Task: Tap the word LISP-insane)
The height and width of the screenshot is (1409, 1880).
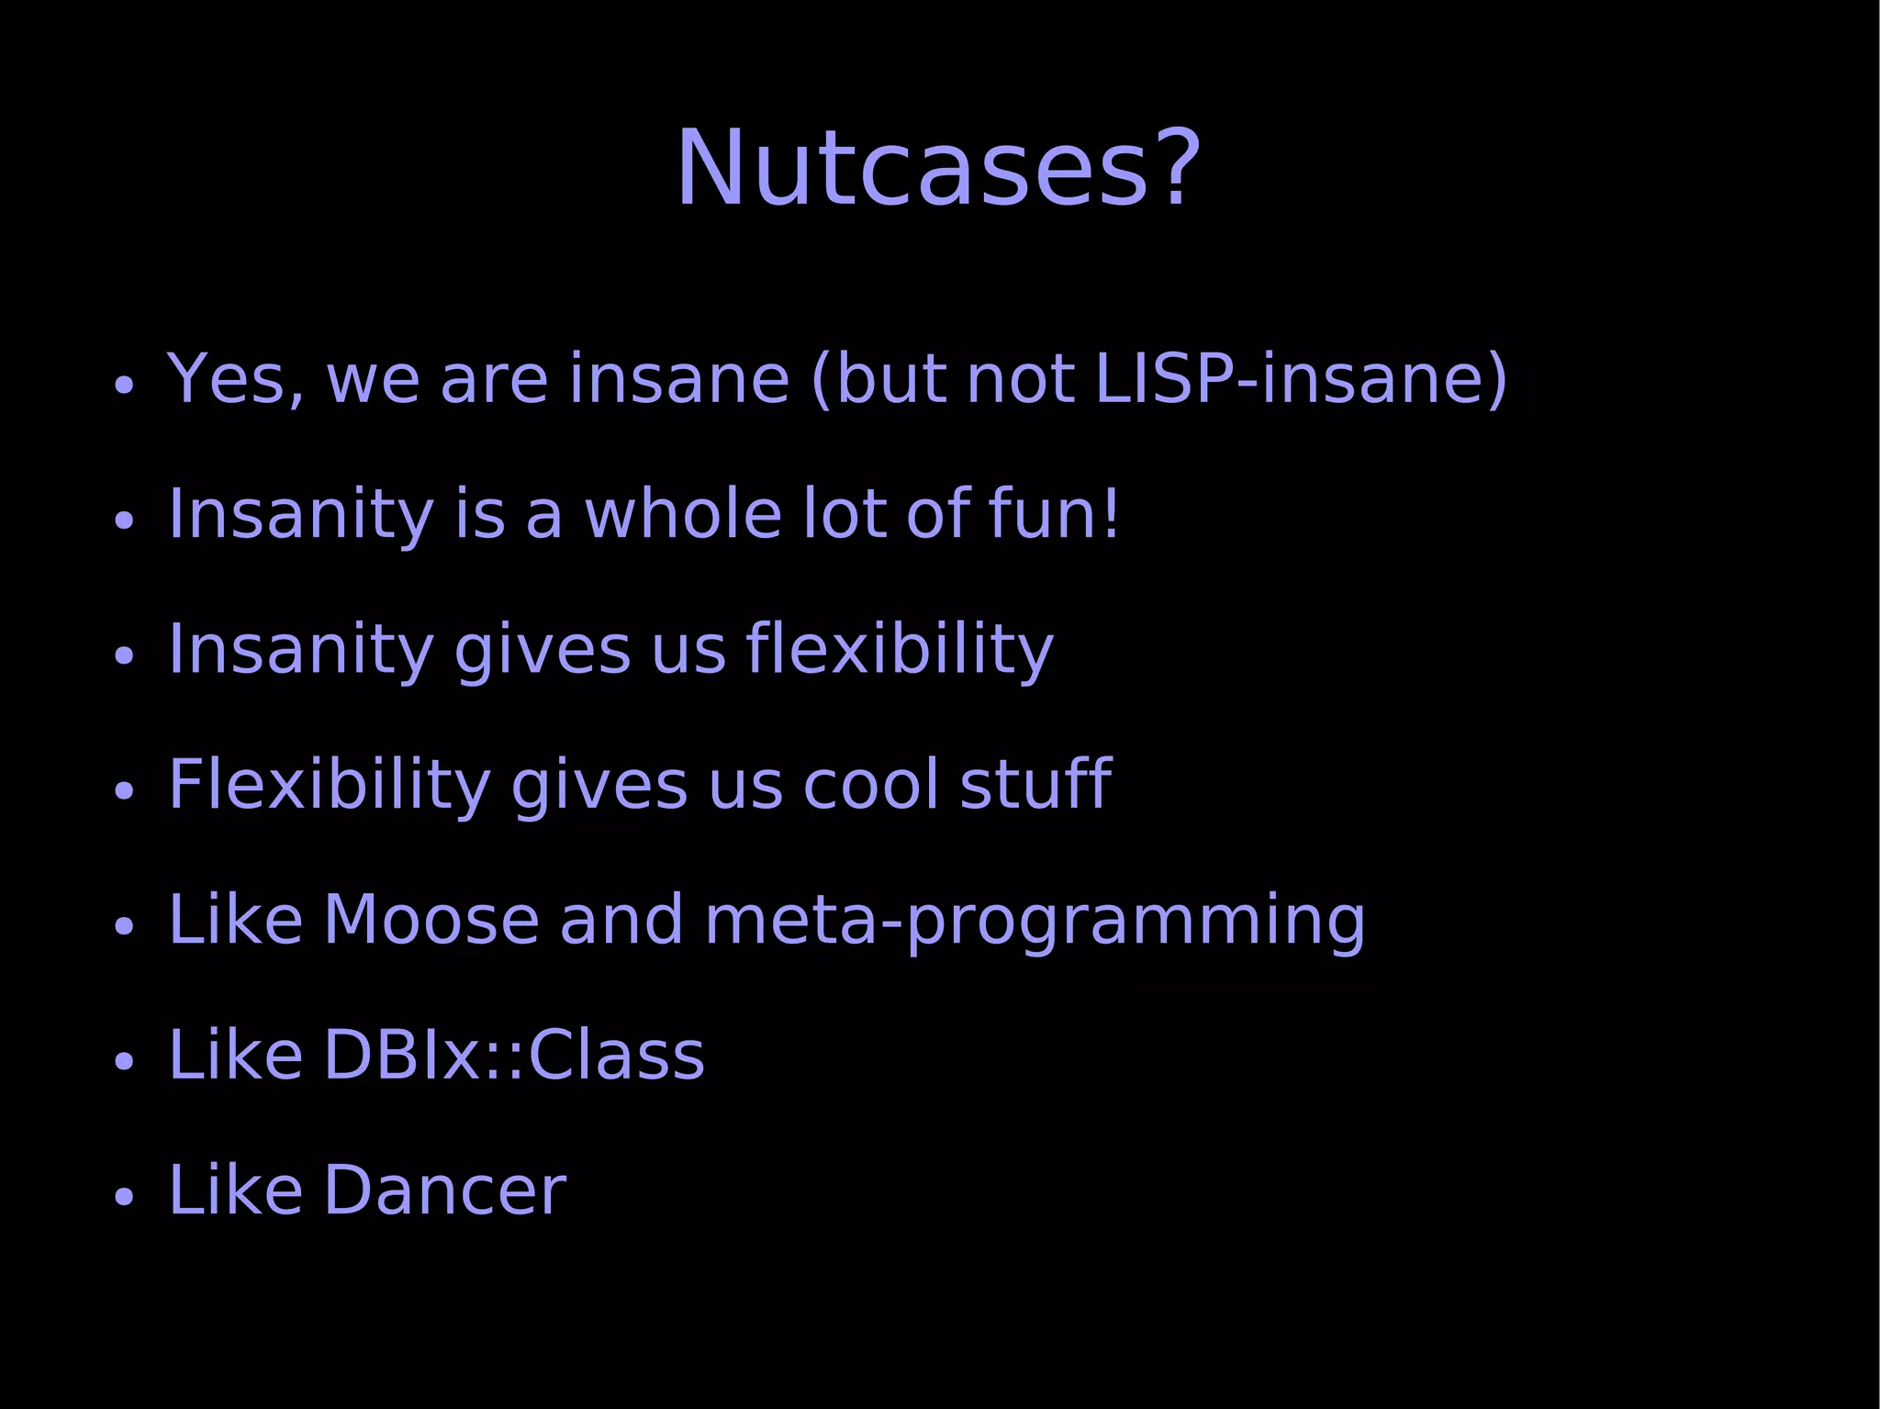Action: tap(1302, 378)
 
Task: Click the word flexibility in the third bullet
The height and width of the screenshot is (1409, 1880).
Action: tap(900, 650)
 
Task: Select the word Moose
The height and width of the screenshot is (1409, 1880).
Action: tap(431, 920)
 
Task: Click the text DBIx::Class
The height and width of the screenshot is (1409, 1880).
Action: tap(514, 1056)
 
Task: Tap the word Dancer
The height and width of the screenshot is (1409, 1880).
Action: tap(444, 1191)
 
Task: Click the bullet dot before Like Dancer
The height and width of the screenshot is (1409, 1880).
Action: tap(125, 1197)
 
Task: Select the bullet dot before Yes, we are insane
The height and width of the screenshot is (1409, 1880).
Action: tap(125, 385)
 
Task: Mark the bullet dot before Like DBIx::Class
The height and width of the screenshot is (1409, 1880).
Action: tap(125, 1062)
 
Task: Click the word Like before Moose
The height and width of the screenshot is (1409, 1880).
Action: tap(235, 920)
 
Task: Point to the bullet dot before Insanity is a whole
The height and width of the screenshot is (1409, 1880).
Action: tap(125, 520)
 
